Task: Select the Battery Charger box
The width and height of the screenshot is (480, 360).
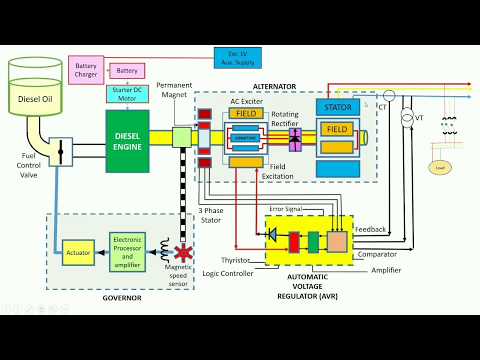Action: pos(87,71)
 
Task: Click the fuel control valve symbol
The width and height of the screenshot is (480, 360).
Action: pos(61,152)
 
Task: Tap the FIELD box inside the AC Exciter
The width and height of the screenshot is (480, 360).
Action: pos(245,114)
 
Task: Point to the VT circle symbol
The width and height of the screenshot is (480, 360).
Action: pos(407,118)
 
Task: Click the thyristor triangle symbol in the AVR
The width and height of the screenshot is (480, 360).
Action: pos(272,234)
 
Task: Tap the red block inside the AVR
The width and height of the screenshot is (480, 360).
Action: pos(295,240)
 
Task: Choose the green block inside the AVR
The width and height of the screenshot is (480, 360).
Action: pos(314,240)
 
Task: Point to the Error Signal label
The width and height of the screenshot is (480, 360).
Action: pos(299,208)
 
